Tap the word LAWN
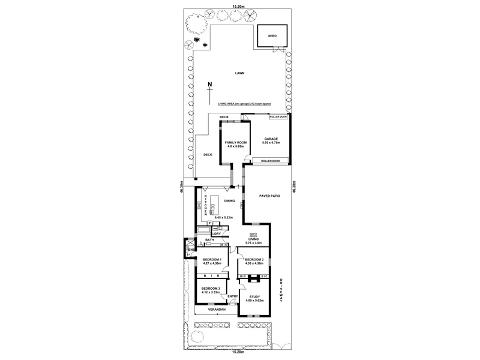click(239, 73)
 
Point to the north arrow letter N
click(209, 84)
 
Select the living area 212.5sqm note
click(240, 104)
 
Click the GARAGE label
click(271, 139)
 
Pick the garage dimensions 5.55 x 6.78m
click(271, 143)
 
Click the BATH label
click(209, 240)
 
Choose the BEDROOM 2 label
click(254, 259)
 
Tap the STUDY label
click(256, 296)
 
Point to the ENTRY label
click(233, 295)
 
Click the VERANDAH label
click(216, 310)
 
